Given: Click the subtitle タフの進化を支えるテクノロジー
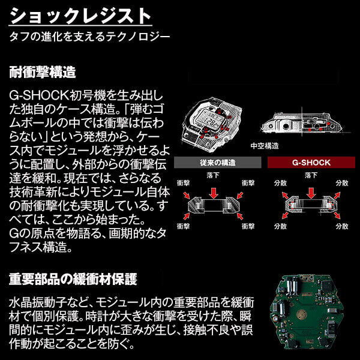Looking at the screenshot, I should click(x=90, y=37).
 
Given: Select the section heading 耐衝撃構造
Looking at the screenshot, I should click(x=43, y=73).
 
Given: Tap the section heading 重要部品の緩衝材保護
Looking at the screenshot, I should click(x=73, y=280).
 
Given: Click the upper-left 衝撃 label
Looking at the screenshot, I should click(x=184, y=182).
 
